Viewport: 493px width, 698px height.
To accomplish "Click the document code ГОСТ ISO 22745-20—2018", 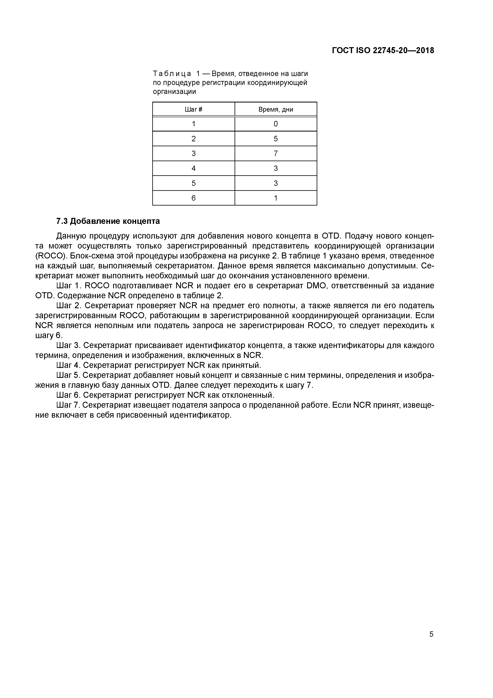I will pyautogui.click(x=383, y=51).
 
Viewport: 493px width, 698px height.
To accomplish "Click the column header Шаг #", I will pyautogui.click(x=193, y=109).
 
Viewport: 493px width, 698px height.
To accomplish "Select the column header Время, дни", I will pyautogui.click(x=276, y=109).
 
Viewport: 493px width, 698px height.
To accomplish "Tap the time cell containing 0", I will pyautogui.click(x=276, y=124).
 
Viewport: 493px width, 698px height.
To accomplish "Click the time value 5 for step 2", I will pyautogui.click(x=276, y=139).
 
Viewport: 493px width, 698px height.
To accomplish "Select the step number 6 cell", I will pyautogui.click(x=193, y=198).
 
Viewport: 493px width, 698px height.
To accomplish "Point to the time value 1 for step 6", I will pyautogui.click(x=276, y=198).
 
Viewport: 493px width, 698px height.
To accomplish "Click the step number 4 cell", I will pyautogui.click(x=193, y=168).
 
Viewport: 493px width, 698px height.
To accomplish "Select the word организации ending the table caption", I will pyautogui.click(x=174, y=92).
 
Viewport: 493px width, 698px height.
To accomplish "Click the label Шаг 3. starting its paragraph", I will pyautogui.click(x=68, y=345).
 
